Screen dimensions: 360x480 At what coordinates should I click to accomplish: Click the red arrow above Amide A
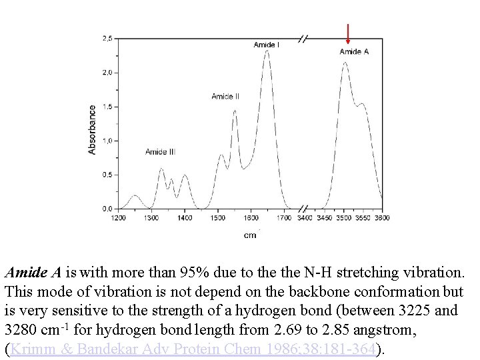[x=348, y=33]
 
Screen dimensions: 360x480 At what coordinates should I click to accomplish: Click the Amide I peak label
[x=267, y=45]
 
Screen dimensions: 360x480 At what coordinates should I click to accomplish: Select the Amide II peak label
[x=225, y=97]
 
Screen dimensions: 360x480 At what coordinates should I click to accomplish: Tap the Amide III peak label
[x=160, y=152]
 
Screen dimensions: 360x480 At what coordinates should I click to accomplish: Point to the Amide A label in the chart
[x=354, y=51]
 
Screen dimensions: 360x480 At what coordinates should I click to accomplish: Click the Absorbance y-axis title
[x=92, y=129]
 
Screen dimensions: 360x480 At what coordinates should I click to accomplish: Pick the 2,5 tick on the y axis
[x=107, y=39]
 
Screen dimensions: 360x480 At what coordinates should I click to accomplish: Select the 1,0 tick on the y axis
[x=107, y=141]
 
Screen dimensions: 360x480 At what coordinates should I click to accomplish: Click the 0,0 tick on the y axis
[x=107, y=209]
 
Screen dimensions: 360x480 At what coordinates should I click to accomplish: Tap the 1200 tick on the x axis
[x=118, y=218]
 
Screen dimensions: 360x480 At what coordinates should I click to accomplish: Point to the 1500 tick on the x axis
[x=217, y=218]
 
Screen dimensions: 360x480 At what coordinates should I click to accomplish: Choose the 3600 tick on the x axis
[x=381, y=218]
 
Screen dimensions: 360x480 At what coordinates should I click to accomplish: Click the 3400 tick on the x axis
[x=305, y=218]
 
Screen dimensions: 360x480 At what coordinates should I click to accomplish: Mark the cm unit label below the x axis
[x=250, y=235]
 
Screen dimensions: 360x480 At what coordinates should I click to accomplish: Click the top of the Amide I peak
[x=267, y=51]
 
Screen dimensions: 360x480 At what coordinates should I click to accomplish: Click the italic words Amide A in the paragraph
[x=33, y=273]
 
